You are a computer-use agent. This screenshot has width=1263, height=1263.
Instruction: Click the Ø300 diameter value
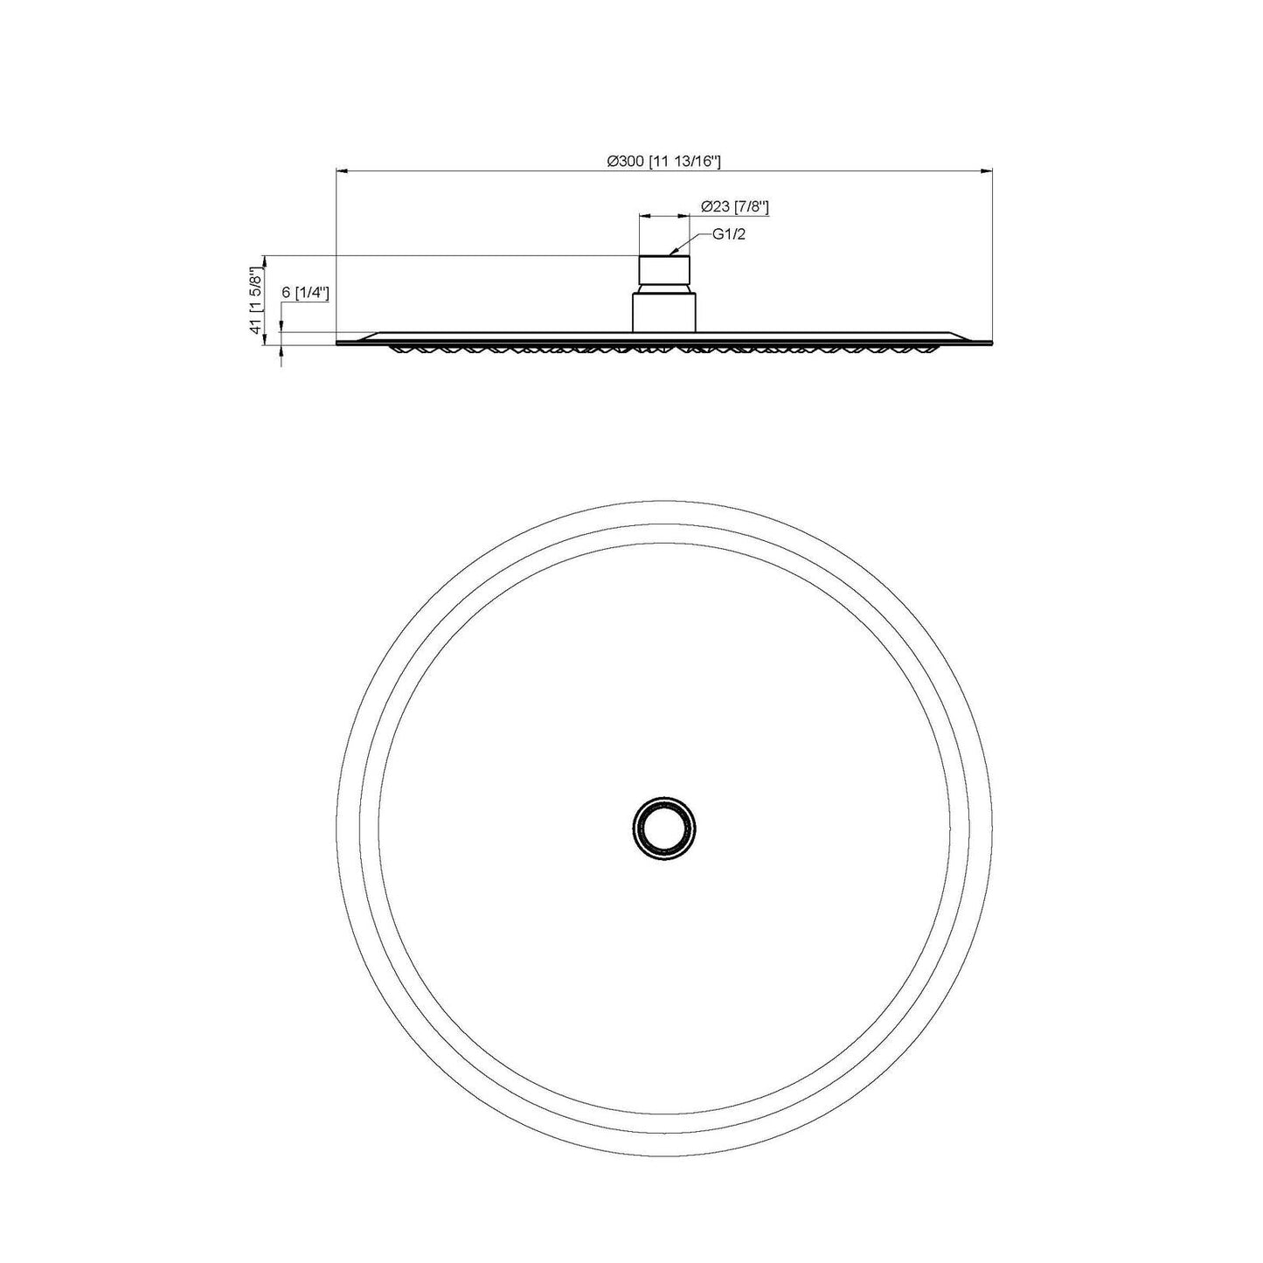pyautogui.click(x=626, y=161)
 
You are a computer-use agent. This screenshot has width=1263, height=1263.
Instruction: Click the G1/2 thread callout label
pyautogui.click(x=730, y=234)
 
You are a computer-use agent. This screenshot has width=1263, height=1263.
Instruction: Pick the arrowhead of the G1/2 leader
pyautogui.click(x=674, y=251)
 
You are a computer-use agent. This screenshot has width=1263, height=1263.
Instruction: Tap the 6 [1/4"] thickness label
pyautogui.click(x=305, y=293)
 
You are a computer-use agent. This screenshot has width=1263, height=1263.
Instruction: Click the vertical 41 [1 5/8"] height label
pyautogui.click(x=255, y=299)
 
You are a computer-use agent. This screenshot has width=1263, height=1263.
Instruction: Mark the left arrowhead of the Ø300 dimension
pyautogui.click(x=342, y=171)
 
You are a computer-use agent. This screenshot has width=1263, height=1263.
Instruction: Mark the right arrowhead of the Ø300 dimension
pyautogui.click(x=987, y=171)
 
